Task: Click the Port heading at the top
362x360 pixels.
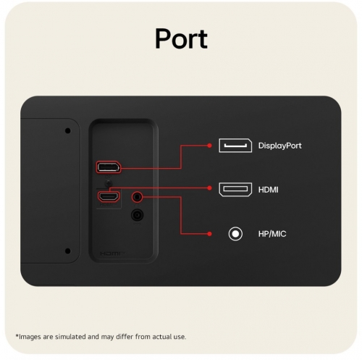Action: tap(181, 39)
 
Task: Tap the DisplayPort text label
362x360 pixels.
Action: tap(280, 146)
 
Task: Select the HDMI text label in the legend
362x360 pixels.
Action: tap(268, 190)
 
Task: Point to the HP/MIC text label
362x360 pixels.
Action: tap(272, 234)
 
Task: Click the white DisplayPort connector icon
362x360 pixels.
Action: tap(235, 146)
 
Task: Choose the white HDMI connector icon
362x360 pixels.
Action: tap(235, 189)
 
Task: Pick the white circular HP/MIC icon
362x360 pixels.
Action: tap(235, 234)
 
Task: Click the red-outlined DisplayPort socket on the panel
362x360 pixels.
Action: tap(109, 167)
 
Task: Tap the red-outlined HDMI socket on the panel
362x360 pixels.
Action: tap(109, 196)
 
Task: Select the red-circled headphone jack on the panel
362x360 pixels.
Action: tap(137, 197)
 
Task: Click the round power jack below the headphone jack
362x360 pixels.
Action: tap(137, 215)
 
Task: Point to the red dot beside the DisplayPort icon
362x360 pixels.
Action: tap(209, 146)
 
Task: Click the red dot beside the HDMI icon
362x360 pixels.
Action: tap(209, 188)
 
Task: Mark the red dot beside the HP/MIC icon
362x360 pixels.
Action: tap(209, 234)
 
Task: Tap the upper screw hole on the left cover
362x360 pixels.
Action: tap(68, 131)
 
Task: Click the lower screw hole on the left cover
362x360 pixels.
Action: tap(68, 251)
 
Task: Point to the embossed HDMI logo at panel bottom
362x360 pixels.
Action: tap(112, 254)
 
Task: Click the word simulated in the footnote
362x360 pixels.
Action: tap(71, 337)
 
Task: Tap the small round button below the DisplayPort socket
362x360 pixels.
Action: tap(109, 183)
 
